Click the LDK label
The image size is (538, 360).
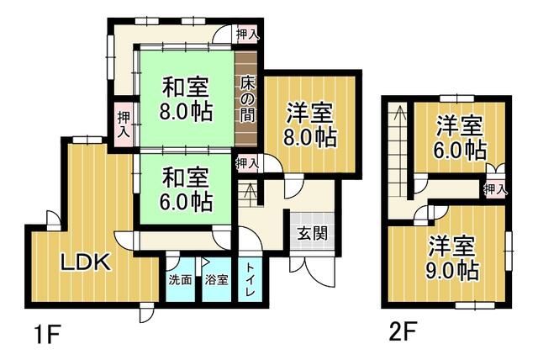click(x=86, y=262)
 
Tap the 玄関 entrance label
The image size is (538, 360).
click(x=312, y=234)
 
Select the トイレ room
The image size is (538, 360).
click(x=250, y=279)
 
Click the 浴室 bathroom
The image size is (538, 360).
click(x=217, y=279)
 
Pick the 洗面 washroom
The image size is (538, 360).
click(x=180, y=279)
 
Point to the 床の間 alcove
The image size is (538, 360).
click(x=246, y=99)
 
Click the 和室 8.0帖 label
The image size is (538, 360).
click(x=186, y=99)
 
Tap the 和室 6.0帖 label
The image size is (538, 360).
click(x=186, y=190)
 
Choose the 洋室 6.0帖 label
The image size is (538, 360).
click(x=460, y=138)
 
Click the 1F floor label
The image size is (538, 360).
click(x=47, y=334)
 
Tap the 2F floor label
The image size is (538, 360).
click(x=403, y=331)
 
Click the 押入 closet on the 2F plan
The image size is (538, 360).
click(x=495, y=188)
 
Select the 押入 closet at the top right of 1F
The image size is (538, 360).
click(x=247, y=34)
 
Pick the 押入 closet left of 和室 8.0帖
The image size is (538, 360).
click(x=124, y=124)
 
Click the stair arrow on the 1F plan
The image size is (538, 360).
click(x=251, y=194)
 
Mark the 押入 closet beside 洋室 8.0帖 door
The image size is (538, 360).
click(x=247, y=162)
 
